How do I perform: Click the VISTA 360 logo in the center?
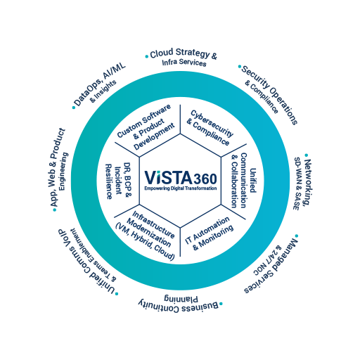pyautogui.click(x=181, y=180)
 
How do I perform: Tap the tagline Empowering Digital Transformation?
pyautogui.click(x=181, y=188)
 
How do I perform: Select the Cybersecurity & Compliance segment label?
pyautogui.click(x=210, y=128)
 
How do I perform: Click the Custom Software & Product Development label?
pyautogui.click(x=146, y=127)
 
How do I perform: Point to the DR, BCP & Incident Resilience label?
pyautogui.click(x=119, y=181)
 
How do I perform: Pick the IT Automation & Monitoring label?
pyautogui.click(x=209, y=233)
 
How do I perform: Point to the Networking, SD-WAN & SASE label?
pyautogui.click(x=302, y=184)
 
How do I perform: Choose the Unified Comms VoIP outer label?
pyautogui.click(x=88, y=261)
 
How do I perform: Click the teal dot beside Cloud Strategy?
pyautogui.click(x=147, y=56)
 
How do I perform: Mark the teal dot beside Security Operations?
pyautogui.click(x=240, y=67)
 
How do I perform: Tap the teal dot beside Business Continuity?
pyautogui.click(x=221, y=304)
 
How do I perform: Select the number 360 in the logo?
pyautogui.click(x=205, y=179)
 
